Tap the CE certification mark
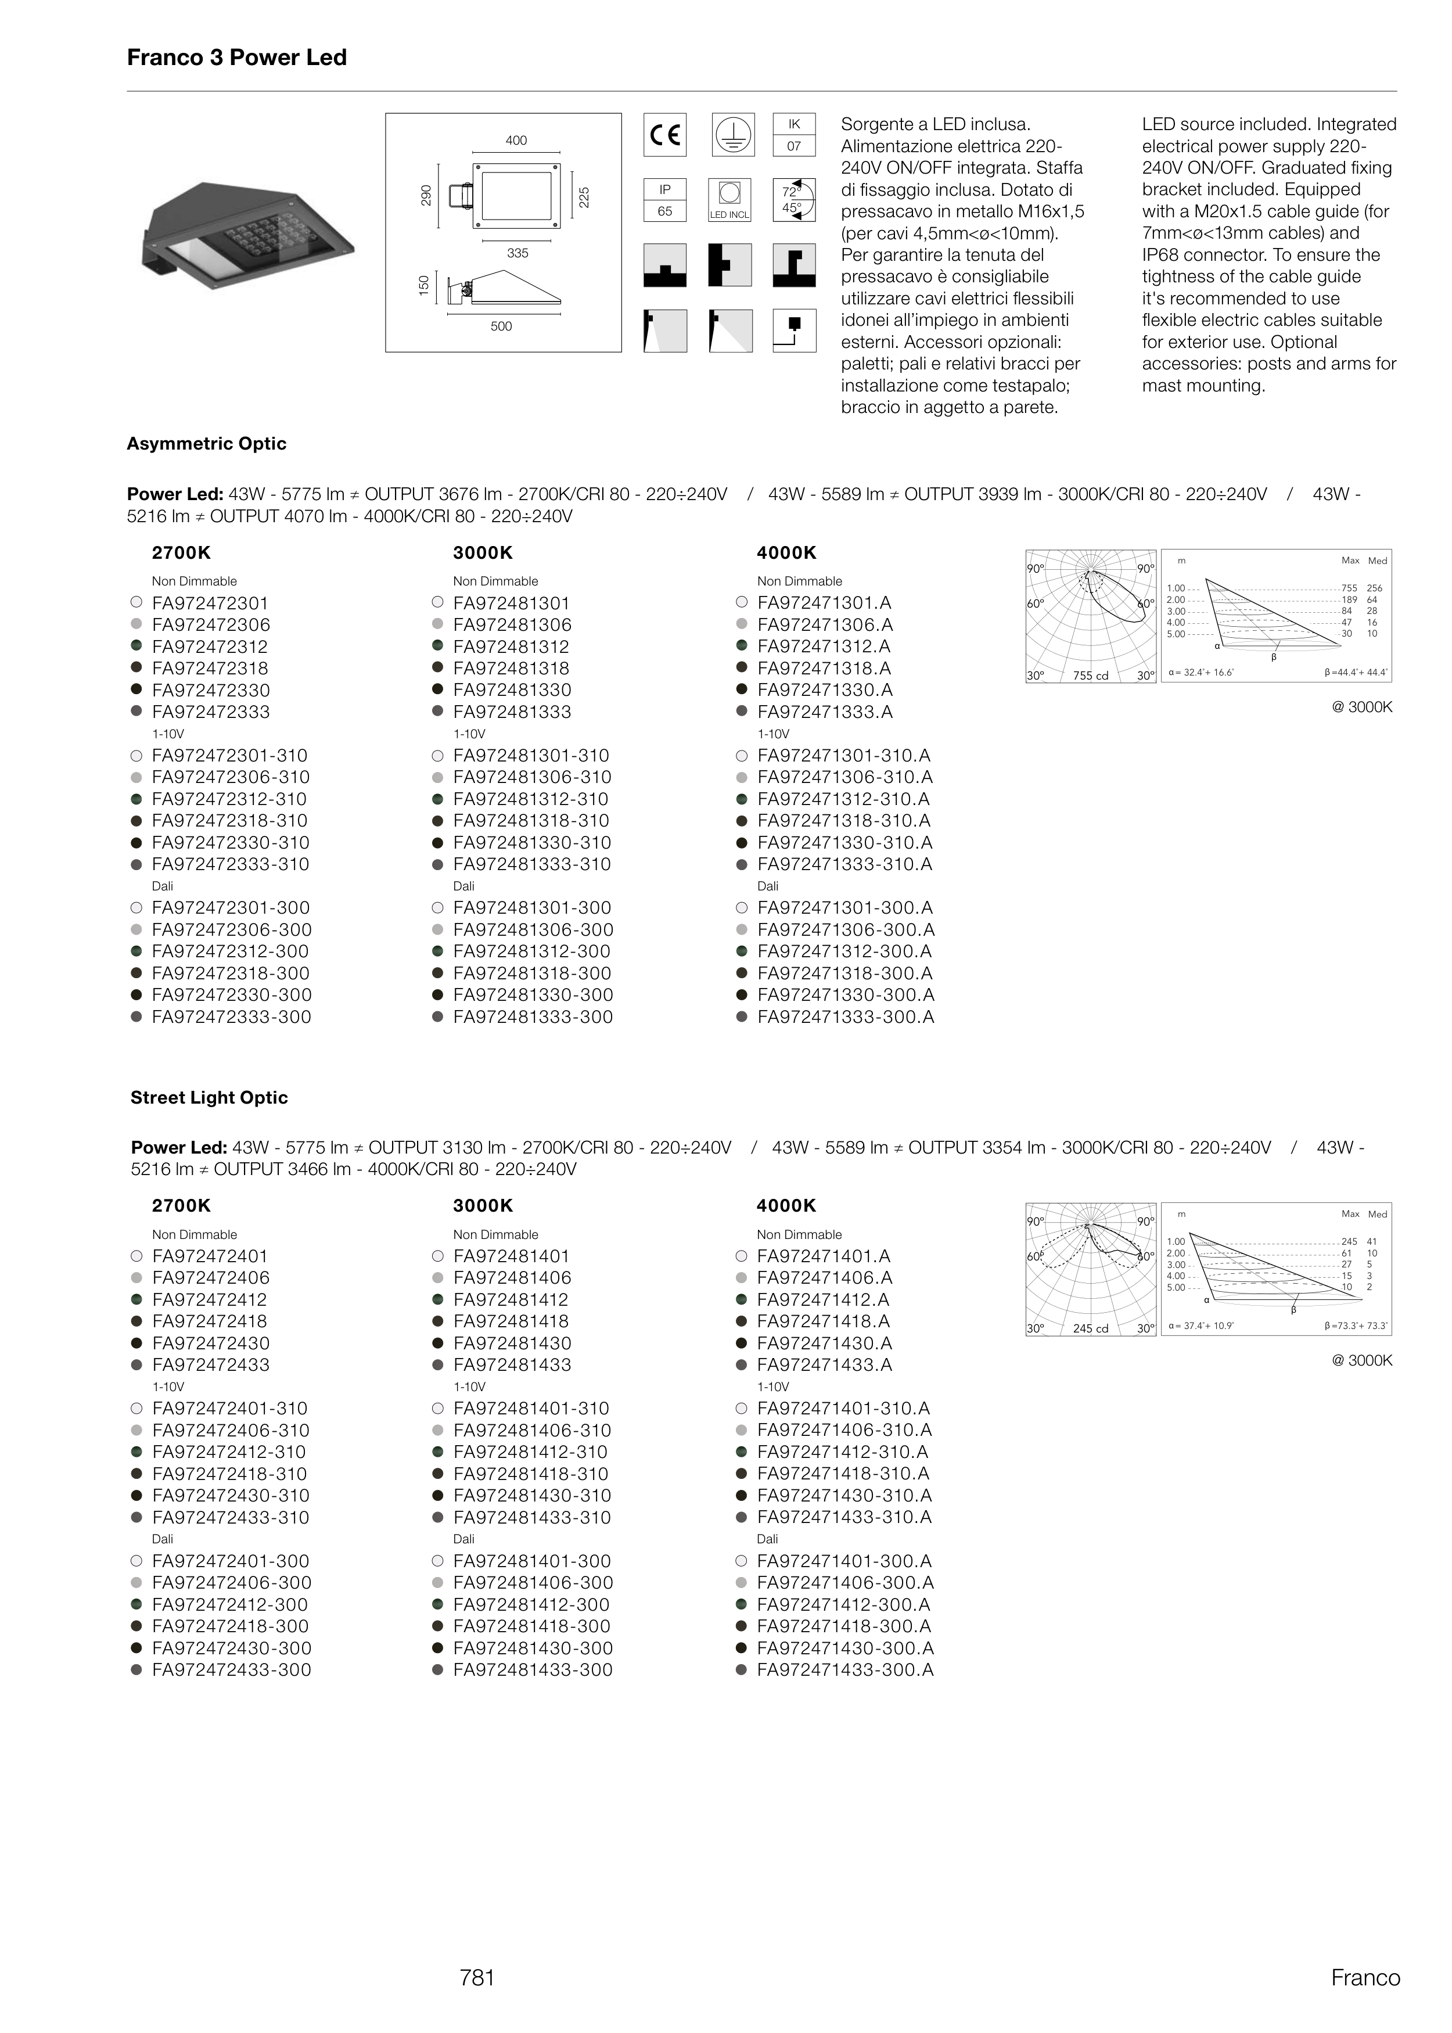664,135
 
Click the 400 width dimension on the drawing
516,141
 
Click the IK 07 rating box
794,135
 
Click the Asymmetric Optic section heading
207,443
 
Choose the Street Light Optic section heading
209,1097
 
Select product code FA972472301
210,604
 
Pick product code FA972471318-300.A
844,974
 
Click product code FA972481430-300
532,1648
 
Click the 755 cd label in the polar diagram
1090,676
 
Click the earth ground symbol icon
733,135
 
